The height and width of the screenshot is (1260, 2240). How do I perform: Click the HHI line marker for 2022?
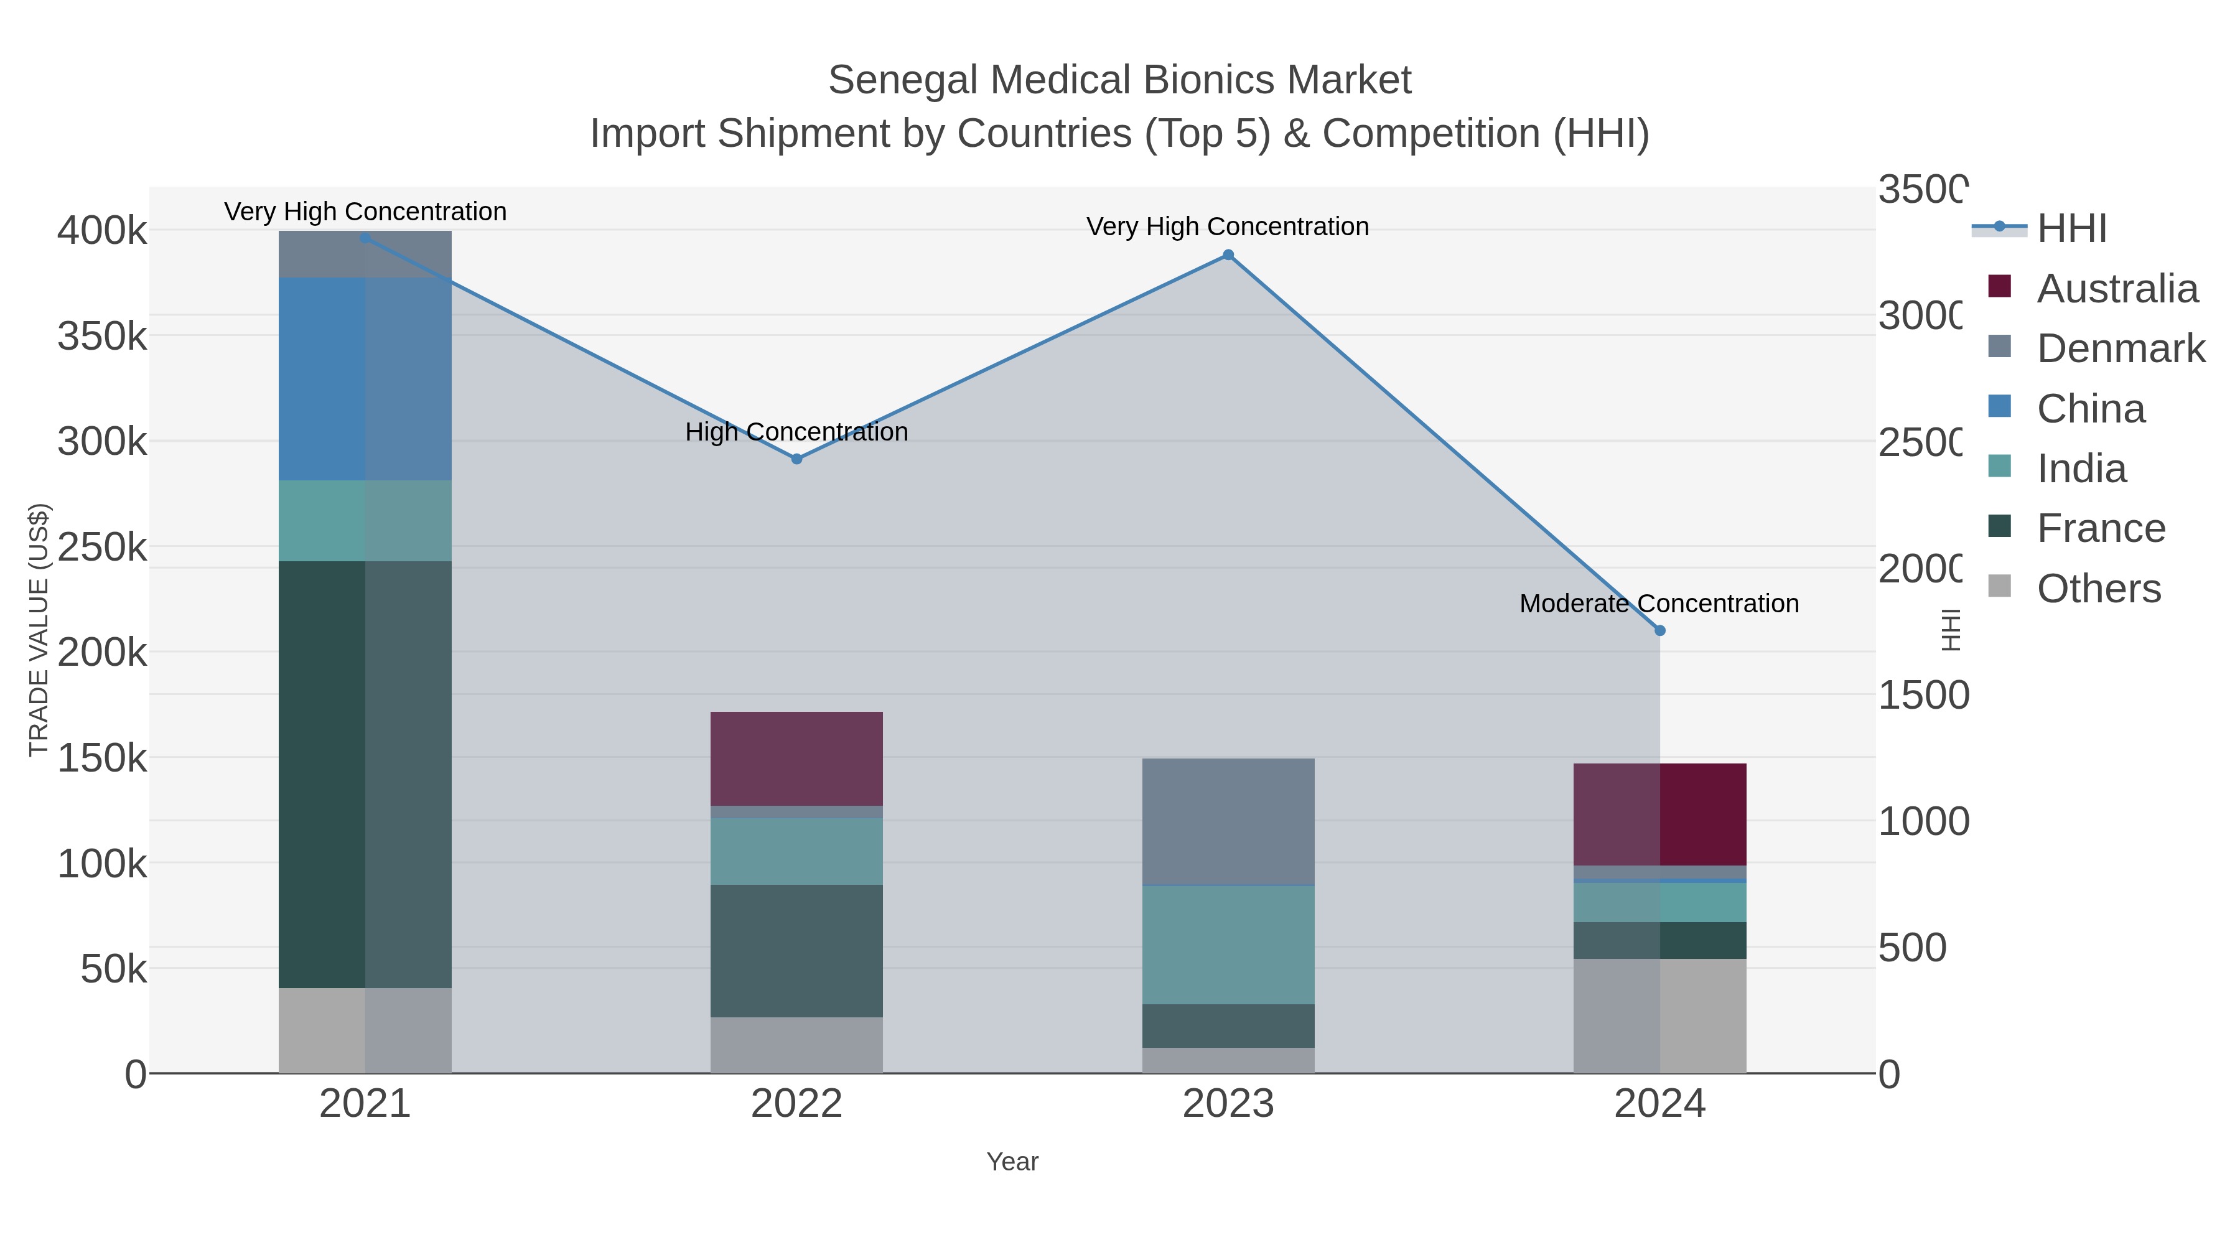pyautogui.click(x=796, y=458)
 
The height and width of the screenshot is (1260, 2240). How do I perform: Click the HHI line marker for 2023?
pyautogui.click(x=1228, y=254)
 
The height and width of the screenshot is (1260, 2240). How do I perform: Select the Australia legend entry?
pyautogui.click(x=2117, y=289)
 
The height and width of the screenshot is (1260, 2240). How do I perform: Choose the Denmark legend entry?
pyautogui.click(x=2120, y=348)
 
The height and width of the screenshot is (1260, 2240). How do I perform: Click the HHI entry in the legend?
pyautogui.click(x=2071, y=229)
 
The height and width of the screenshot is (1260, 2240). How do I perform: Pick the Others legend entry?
pyautogui.click(x=2098, y=589)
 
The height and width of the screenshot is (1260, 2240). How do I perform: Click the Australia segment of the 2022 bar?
pyautogui.click(x=796, y=758)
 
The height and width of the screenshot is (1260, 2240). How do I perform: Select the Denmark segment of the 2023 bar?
pyautogui.click(x=1228, y=821)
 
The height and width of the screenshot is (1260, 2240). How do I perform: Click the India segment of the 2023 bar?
pyautogui.click(x=1228, y=945)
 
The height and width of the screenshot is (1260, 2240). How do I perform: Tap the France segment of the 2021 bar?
pyautogui.click(x=365, y=774)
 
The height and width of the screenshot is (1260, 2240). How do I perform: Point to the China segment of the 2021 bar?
pyautogui.click(x=365, y=378)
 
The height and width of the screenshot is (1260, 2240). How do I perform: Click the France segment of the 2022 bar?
pyautogui.click(x=796, y=950)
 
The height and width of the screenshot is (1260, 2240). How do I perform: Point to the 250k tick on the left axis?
pyautogui.click(x=102, y=548)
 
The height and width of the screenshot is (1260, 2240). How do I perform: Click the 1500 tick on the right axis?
pyautogui.click(x=1923, y=696)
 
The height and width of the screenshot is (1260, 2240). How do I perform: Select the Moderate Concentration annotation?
pyautogui.click(x=1658, y=604)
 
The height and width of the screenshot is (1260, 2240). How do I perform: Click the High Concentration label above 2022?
pyautogui.click(x=796, y=432)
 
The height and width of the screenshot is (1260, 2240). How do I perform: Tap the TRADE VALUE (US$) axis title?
pyautogui.click(x=39, y=630)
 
